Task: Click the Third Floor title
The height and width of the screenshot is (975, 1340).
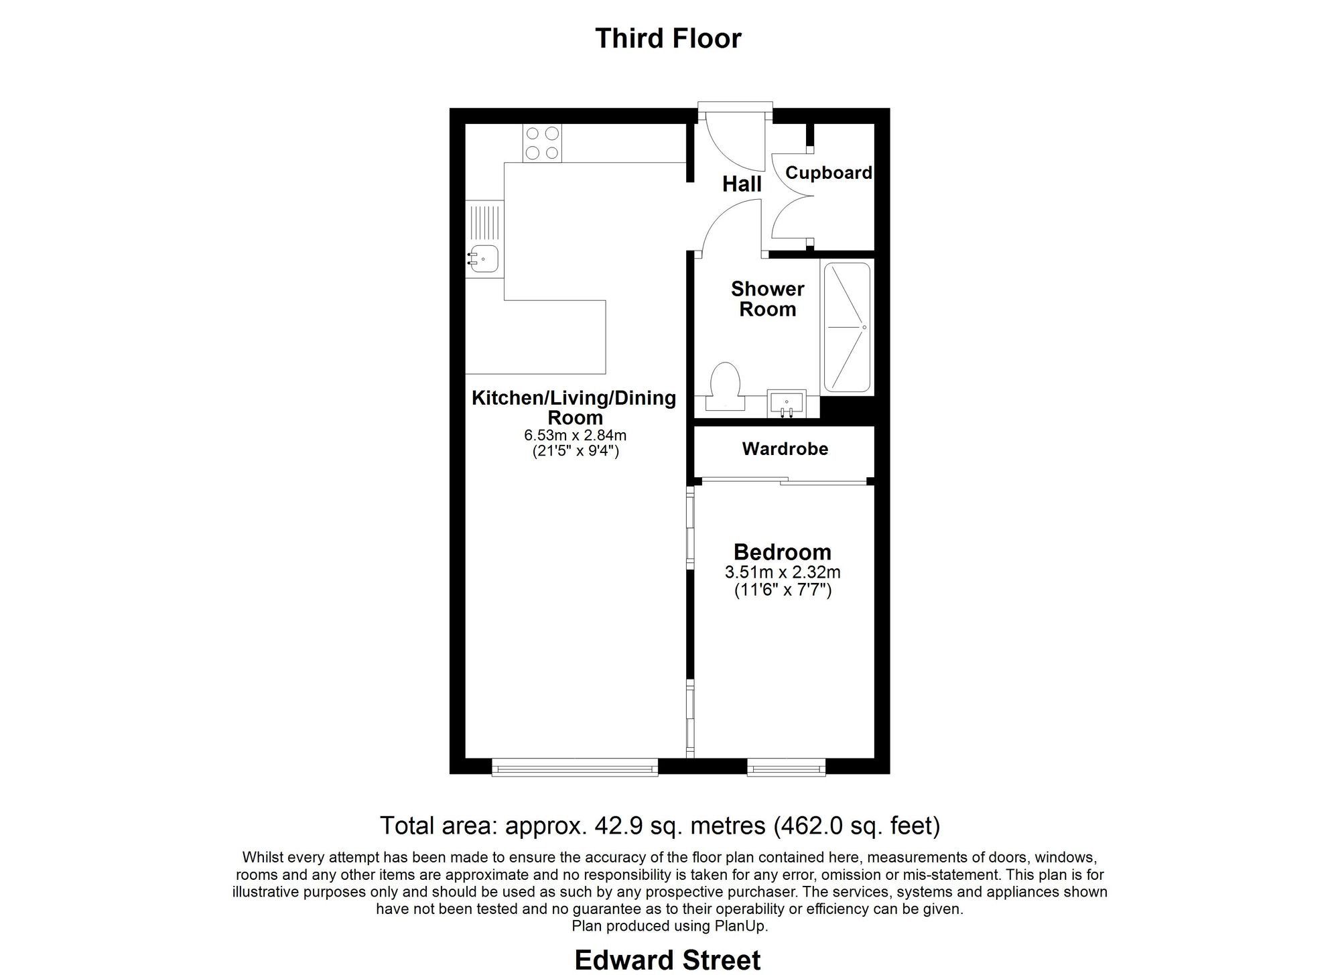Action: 668,38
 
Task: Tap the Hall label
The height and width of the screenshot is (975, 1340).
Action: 742,184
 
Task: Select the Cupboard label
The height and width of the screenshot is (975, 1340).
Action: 828,173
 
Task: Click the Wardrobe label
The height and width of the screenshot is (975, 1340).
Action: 785,448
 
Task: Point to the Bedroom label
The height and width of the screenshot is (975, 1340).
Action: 782,552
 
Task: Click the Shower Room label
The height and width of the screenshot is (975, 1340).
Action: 767,299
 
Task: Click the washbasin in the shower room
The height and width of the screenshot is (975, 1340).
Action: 787,403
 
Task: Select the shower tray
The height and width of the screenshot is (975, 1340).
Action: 847,327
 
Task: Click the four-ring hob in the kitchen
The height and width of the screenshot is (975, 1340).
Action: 542,143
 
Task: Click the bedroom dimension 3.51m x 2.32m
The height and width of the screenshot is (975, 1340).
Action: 782,572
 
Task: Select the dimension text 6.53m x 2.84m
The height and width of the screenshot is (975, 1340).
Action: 575,436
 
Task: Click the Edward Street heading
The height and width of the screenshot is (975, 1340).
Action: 667,960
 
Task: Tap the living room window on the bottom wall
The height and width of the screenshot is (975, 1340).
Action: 575,767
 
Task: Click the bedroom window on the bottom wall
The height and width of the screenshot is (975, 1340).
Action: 786,767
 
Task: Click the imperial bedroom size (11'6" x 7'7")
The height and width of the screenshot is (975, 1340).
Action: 782,590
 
